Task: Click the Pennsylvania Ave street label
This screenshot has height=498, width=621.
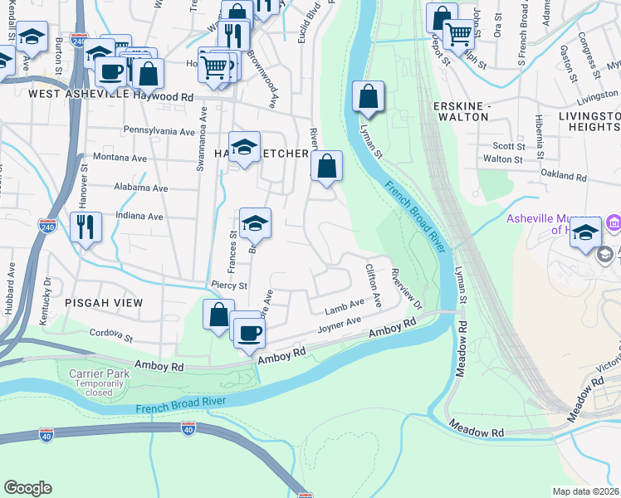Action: (x=159, y=131)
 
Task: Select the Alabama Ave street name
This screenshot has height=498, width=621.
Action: (x=141, y=188)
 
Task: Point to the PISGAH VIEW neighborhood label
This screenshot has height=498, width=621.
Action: (x=105, y=304)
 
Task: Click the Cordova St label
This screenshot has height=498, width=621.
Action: (x=111, y=336)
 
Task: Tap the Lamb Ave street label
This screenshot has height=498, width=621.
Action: (x=345, y=308)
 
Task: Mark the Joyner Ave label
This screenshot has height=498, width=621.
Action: (x=340, y=325)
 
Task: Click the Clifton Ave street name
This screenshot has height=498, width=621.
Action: (x=373, y=286)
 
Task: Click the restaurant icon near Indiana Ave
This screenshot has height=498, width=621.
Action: (x=86, y=227)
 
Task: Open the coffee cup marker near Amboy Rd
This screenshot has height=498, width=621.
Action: (x=248, y=334)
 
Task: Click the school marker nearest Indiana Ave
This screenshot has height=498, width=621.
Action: (x=255, y=222)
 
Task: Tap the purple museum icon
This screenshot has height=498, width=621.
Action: (x=614, y=222)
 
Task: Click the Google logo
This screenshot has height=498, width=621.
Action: (x=28, y=488)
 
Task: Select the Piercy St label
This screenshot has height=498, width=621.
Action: (x=229, y=286)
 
